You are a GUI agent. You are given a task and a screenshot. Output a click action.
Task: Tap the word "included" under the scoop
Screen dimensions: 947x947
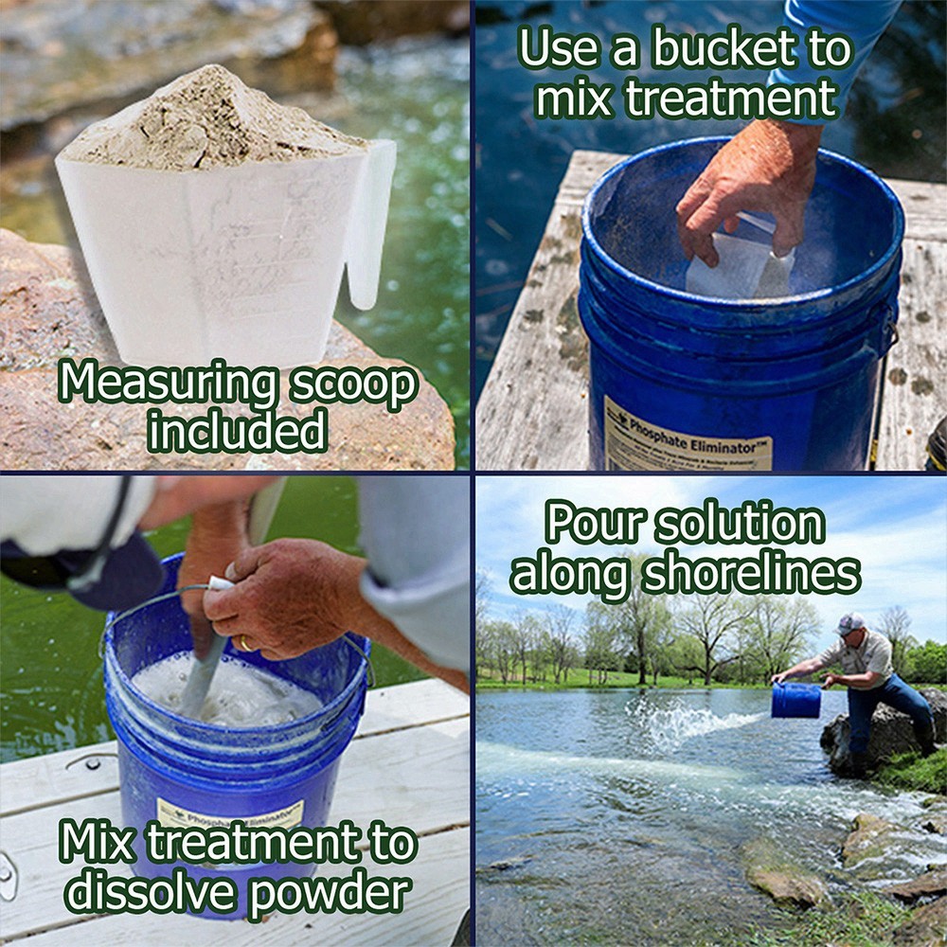point(238,433)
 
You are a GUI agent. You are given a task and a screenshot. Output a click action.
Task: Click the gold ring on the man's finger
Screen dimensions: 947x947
point(245,644)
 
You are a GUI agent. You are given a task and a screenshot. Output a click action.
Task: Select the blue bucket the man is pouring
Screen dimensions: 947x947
point(795,700)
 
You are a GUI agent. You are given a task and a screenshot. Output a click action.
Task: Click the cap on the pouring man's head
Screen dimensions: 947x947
point(850,623)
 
